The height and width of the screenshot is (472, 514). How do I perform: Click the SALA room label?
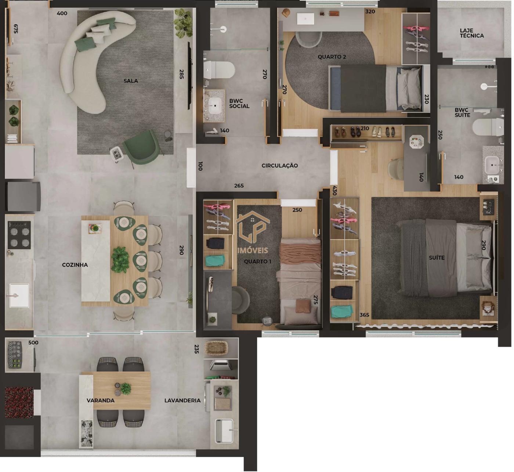click(131, 81)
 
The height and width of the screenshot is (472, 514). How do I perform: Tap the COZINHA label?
click(75, 265)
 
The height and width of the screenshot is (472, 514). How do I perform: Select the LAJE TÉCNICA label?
click(472, 33)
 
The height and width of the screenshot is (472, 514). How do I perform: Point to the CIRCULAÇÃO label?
click(279, 166)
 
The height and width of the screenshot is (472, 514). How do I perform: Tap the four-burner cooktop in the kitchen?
click(19, 235)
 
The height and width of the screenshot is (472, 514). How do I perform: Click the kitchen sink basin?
click(19, 295)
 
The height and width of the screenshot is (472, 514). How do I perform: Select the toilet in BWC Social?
click(220, 69)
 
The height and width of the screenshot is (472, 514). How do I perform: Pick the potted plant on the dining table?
click(120, 259)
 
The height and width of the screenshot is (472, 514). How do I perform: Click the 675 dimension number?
click(16, 29)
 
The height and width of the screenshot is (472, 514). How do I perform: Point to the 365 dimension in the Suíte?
click(364, 314)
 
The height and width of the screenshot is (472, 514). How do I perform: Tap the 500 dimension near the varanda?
click(33, 343)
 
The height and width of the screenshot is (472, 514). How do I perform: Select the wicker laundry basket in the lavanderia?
click(217, 348)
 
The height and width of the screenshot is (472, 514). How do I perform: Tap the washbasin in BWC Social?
click(215, 105)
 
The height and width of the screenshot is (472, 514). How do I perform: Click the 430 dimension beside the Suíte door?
click(334, 191)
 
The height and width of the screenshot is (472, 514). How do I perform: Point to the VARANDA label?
click(101, 400)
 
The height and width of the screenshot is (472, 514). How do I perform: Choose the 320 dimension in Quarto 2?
click(370, 11)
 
